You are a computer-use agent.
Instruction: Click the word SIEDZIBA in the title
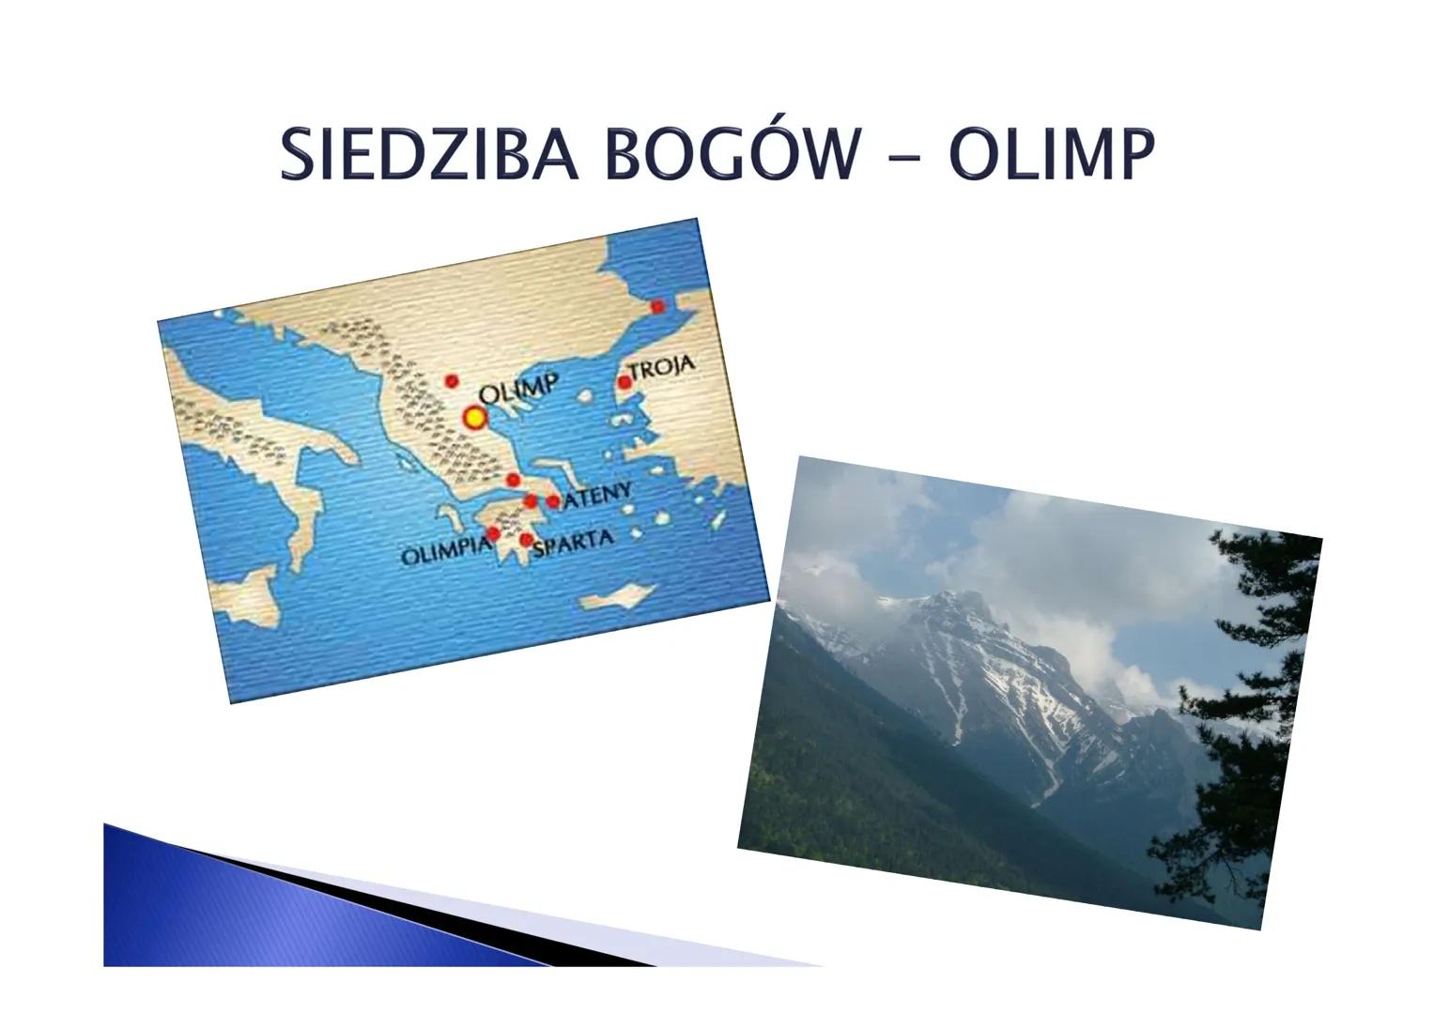click(429, 154)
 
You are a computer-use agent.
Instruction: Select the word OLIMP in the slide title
click(1053, 154)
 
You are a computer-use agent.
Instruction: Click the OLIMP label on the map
click(519, 388)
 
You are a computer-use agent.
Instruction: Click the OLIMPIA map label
click(447, 553)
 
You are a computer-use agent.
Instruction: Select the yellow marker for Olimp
click(474, 418)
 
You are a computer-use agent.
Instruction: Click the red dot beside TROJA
click(624, 383)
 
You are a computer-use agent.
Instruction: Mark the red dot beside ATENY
click(553, 501)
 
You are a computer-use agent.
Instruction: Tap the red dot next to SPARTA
click(526, 540)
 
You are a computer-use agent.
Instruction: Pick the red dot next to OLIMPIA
click(493, 532)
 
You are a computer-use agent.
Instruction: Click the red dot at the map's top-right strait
click(657, 307)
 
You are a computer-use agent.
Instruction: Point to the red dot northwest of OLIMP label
click(452, 381)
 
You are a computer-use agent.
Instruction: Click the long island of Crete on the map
click(616, 596)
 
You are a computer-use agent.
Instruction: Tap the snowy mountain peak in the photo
click(957, 608)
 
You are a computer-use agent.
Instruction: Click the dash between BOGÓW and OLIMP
click(904, 157)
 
